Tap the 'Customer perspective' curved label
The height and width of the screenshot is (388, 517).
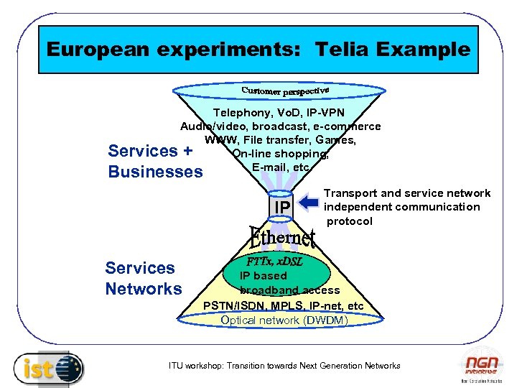(285, 91)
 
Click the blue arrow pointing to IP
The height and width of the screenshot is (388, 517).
(309, 204)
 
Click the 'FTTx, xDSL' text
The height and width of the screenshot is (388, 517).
(275, 262)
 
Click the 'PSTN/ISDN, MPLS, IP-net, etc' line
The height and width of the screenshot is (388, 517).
(284, 306)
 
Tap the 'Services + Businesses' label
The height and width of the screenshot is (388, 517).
(155, 161)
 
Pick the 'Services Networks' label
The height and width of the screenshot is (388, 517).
(144, 279)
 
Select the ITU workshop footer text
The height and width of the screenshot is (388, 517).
(284, 366)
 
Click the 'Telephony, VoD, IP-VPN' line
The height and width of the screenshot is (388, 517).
(279, 113)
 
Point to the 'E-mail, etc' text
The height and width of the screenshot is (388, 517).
(281, 167)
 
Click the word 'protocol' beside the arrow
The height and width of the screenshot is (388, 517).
(350, 221)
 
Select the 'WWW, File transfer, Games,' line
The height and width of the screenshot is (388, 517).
(280, 140)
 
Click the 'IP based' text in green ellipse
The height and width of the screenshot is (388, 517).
(263, 276)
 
